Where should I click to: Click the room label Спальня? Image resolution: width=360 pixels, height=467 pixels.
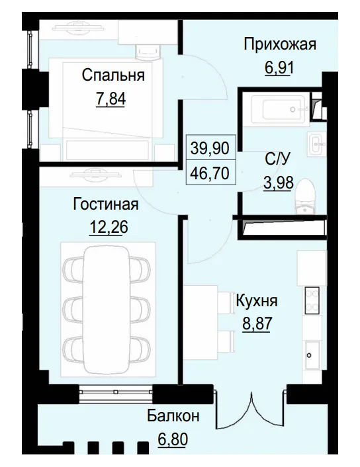point(112,75)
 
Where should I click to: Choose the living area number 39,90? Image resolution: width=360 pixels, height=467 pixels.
point(210,148)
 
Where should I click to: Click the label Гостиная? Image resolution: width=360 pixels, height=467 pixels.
point(107,204)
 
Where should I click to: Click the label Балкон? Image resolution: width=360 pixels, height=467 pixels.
point(173,416)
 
